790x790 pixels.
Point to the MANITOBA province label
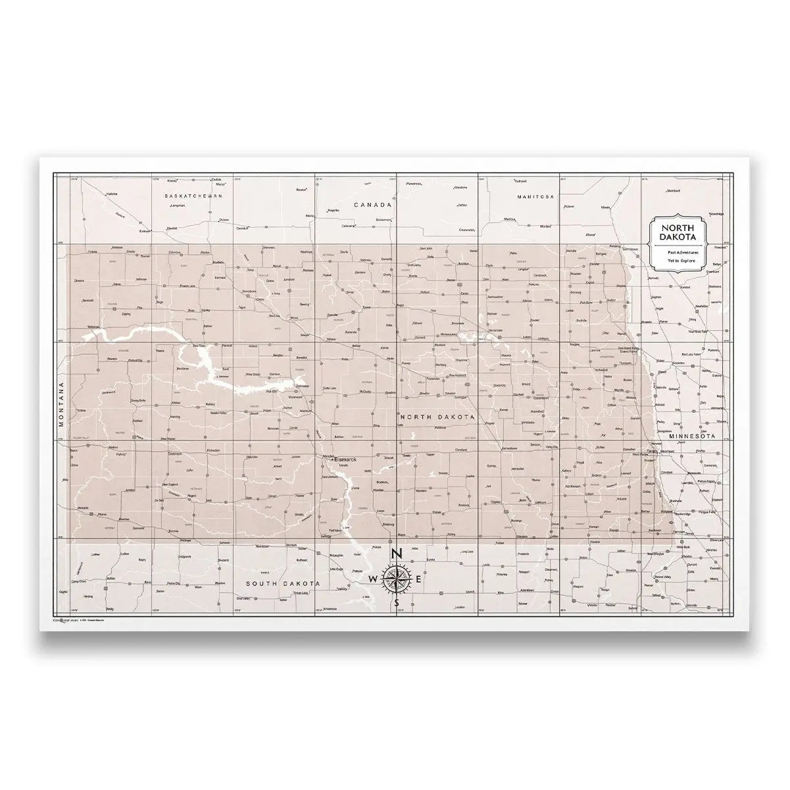pos(536,197)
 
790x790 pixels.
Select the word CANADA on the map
pos(372,205)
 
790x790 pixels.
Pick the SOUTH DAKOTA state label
pos(283,584)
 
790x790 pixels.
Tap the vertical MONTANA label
pos(61,403)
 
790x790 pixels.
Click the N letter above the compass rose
pos(396,554)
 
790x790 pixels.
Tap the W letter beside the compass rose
pos(373,579)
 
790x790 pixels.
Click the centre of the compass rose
pos(396,578)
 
